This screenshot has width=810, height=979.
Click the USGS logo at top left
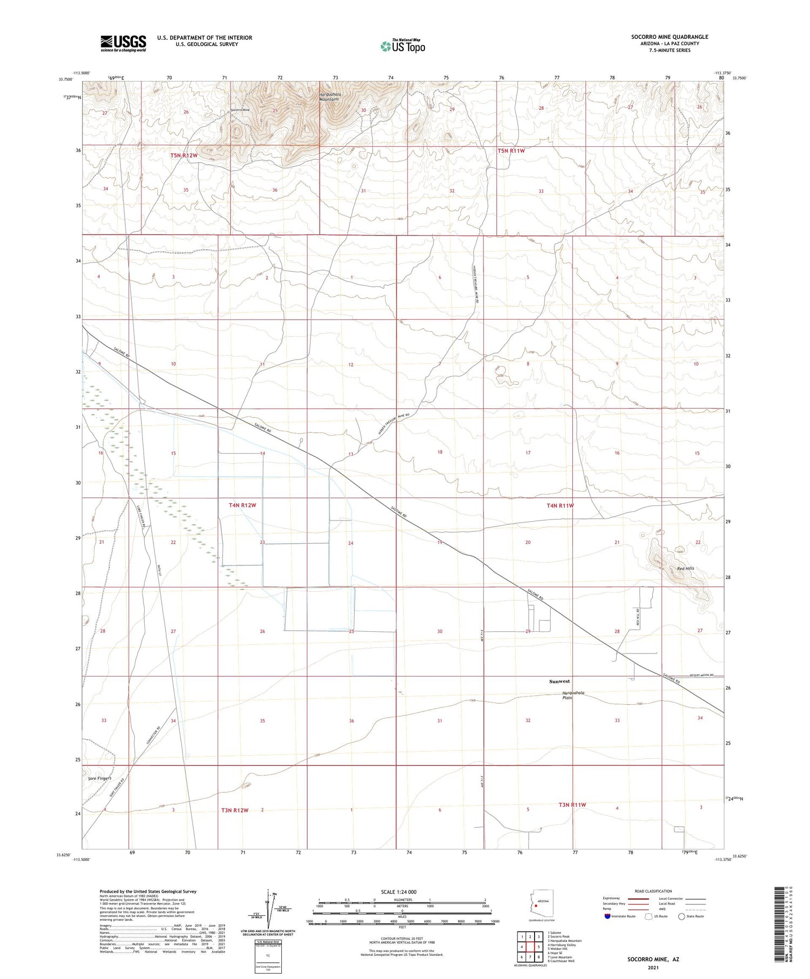point(123,43)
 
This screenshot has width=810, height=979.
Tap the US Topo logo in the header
point(402,46)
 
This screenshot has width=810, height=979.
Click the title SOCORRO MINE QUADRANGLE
point(670,37)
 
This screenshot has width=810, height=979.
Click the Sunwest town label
point(559,681)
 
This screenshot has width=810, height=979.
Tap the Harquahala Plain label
point(573,696)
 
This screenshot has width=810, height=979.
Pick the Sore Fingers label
point(99,779)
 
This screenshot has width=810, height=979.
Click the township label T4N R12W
point(242,505)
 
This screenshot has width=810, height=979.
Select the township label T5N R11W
point(511,151)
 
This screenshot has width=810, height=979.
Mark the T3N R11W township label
point(572,805)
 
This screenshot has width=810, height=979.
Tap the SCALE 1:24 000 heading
point(402,892)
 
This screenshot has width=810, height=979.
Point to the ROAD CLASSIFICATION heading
point(653,891)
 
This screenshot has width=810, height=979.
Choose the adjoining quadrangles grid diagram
point(530,947)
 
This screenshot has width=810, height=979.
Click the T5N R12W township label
point(184,156)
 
